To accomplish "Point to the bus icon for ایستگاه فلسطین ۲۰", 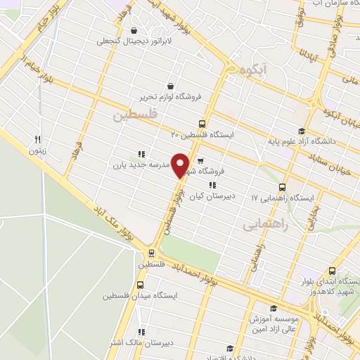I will [202, 122].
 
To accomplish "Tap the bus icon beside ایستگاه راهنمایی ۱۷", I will [282, 187].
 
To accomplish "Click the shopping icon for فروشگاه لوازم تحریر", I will [171, 86].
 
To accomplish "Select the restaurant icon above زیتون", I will [38, 139].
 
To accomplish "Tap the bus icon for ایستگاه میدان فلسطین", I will [140, 285].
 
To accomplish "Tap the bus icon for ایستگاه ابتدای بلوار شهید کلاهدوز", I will [333, 271].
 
